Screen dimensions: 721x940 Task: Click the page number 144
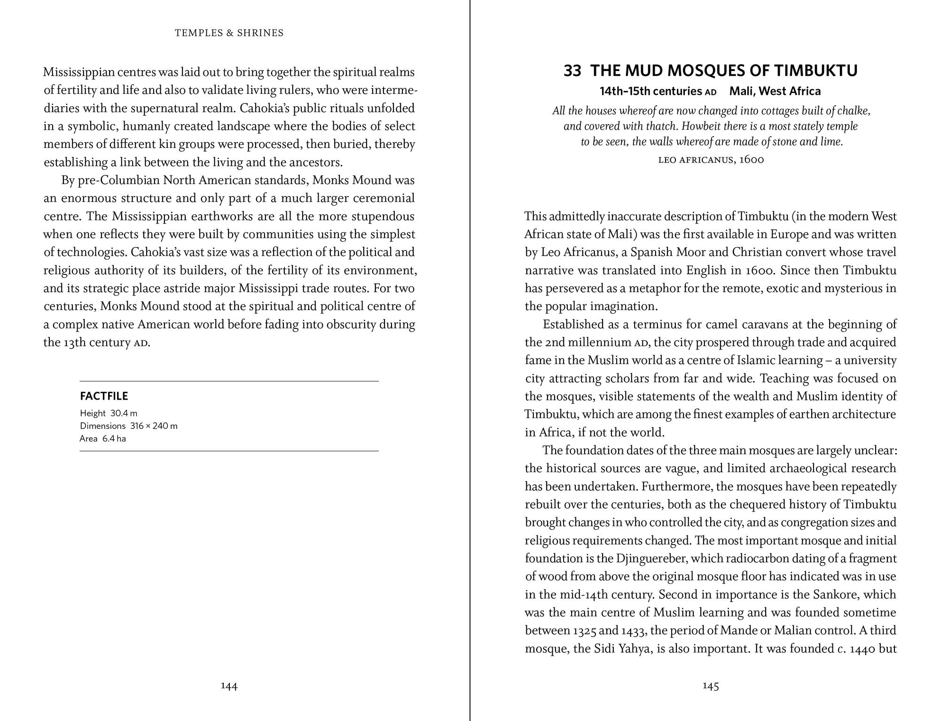(229, 686)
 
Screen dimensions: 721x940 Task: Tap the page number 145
(711, 686)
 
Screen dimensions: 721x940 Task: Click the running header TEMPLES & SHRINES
(229, 33)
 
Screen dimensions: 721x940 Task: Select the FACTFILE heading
(104, 396)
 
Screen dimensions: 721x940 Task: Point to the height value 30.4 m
(124, 413)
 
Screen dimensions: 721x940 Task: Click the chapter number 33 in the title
(572, 71)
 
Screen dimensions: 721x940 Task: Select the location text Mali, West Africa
(775, 91)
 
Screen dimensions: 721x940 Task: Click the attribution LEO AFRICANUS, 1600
(711, 160)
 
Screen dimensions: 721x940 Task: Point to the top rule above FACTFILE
(229, 381)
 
